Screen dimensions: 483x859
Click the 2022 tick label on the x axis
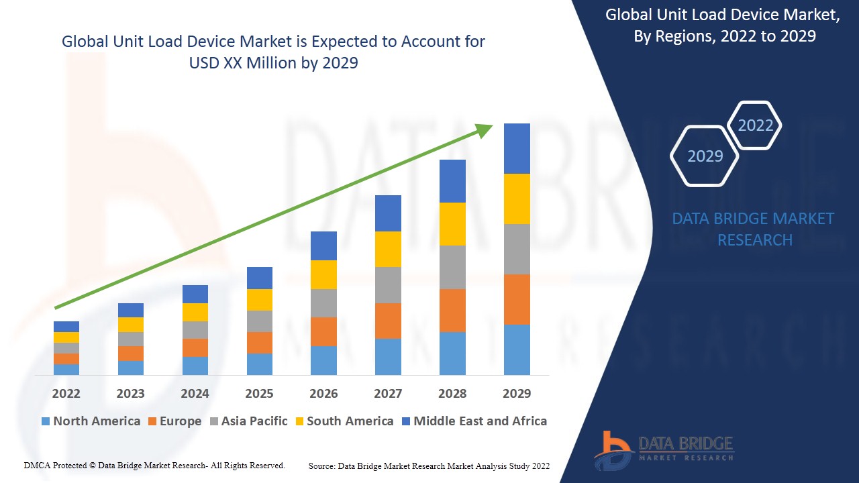66,393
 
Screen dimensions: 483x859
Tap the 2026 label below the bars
323,393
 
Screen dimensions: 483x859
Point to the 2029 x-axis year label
517,393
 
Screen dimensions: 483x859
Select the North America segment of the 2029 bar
517,350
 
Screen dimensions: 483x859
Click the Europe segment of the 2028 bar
452,311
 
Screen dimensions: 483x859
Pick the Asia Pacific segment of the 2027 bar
388,285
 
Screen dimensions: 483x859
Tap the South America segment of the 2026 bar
323,274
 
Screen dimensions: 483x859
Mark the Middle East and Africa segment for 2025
260,278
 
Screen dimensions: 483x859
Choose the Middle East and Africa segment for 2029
517,148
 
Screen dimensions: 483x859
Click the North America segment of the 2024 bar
195,366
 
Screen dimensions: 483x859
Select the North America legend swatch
46,421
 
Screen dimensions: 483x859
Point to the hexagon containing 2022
755,125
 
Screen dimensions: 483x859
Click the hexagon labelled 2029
705,156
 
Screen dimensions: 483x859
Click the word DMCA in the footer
37,465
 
